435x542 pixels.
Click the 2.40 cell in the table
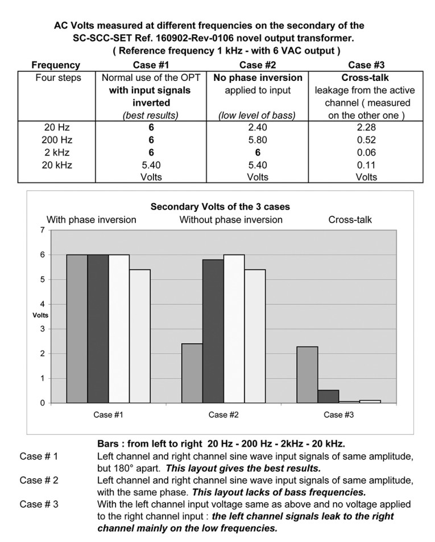258,128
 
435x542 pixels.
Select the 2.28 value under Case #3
366,128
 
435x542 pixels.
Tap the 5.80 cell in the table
258,140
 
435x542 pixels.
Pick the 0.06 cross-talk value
366,153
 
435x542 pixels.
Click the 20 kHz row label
57,165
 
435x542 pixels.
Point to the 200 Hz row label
57,140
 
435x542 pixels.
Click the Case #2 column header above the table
258,65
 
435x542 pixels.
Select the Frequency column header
56,65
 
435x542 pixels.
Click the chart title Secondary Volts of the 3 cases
220,207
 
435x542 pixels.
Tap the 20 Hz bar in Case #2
192,373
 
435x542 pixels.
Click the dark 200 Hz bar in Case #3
328,396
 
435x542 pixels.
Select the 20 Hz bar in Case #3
307,375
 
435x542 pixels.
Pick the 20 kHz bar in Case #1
140,336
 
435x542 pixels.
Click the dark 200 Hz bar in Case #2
213,331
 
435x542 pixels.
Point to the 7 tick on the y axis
43,230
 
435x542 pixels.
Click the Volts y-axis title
40,315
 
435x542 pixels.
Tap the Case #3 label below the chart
338,415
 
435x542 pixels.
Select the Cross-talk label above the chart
350,220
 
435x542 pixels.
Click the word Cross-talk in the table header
365,78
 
